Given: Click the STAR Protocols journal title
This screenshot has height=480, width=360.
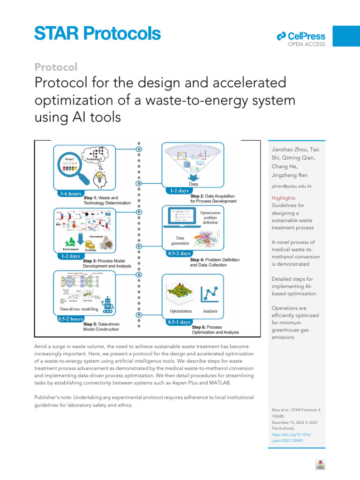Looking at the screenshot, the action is click(x=97, y=33).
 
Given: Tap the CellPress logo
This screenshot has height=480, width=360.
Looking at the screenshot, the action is click(x=301, y=36).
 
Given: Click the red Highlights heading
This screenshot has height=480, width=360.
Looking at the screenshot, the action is click(x=284, y=198).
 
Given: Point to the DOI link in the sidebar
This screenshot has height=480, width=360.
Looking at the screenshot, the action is click(x=291, y=438).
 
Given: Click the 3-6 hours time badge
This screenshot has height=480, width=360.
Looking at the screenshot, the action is click(x=69, y=193).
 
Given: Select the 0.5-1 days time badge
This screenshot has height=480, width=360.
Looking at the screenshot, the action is click(x=179, y=322).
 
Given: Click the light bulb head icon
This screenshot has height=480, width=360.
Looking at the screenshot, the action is click(x=99, y=178).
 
